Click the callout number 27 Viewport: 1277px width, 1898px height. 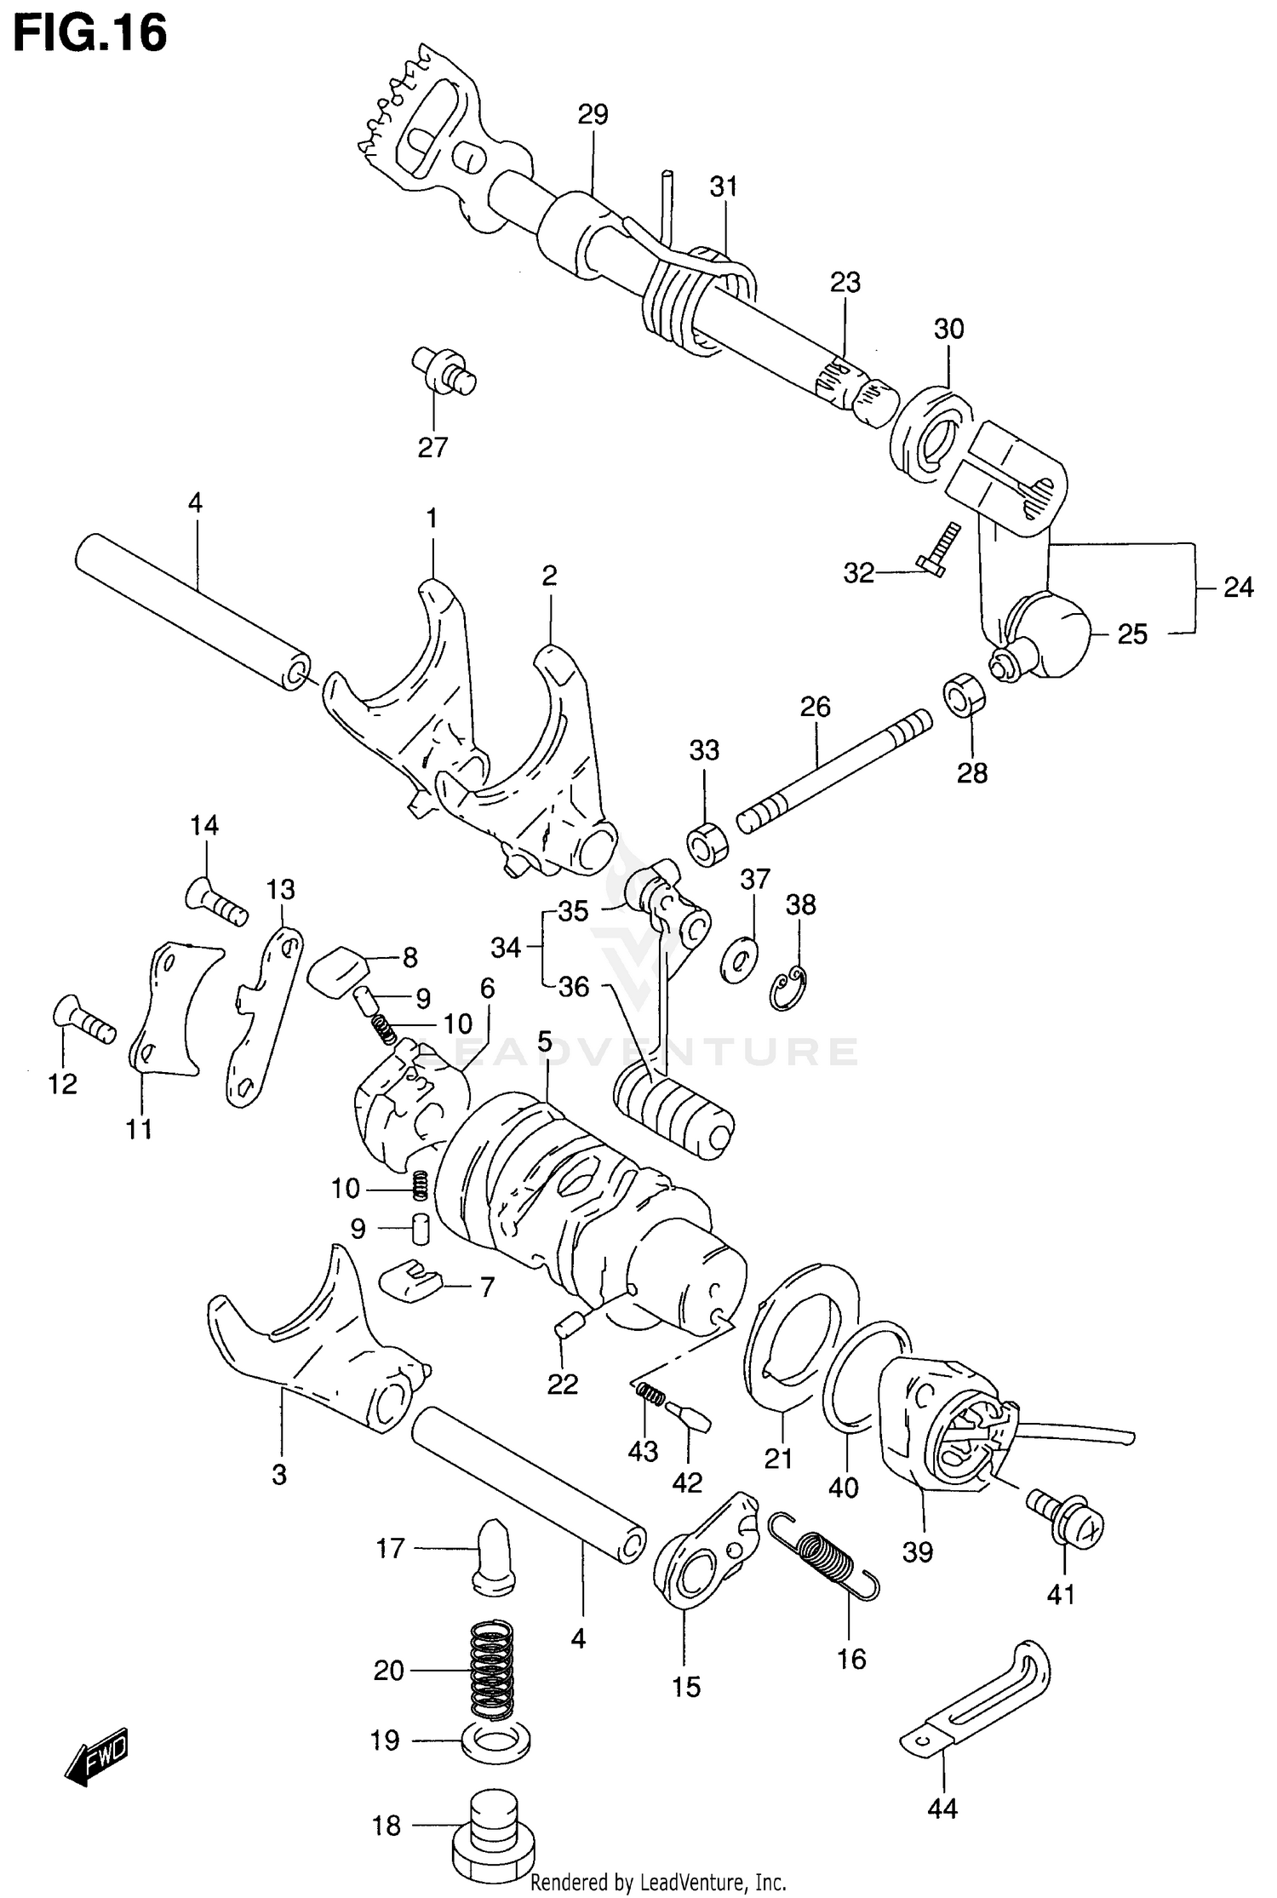tap(432, 447)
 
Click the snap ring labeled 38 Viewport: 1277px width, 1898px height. tap(791, 988)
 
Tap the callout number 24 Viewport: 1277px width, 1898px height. tap(1238, 587)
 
